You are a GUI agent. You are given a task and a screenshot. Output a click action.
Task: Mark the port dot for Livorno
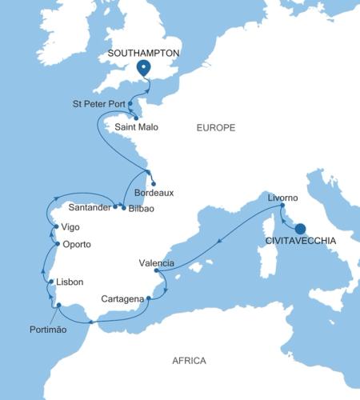(x=282, y=206)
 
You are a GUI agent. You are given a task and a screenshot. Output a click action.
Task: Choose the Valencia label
(x=157, y=262)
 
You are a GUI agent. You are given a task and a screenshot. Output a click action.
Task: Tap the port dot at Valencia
(x=155, y=271)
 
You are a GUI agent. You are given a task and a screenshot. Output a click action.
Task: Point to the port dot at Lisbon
(x=50, y=282)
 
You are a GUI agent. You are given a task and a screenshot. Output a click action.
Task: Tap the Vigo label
(x=70, y=227)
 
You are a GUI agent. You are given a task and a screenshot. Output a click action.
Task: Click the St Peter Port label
(x=98, y=103)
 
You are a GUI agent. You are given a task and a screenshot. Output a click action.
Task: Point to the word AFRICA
(x=189, y=361)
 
